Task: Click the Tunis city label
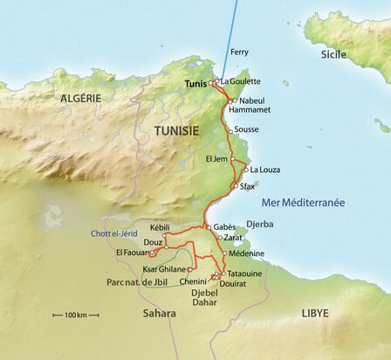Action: point(198,84)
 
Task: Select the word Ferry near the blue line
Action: point(239,52)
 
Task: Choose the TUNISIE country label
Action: point(176,130)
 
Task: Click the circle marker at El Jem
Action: point(231,160)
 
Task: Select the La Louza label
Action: point(264,170)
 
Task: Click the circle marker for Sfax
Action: point(231,186)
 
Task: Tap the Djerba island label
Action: point(261,224)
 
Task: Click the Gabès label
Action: point(224,225)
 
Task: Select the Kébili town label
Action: point(163,226)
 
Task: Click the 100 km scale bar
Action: point(70,313)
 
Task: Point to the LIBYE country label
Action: point(316,311)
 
